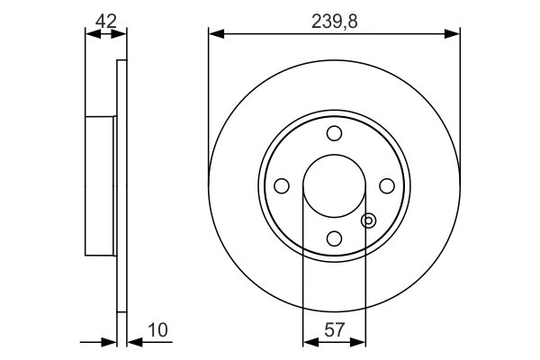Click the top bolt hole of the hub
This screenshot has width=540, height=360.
click(x=334, y=133)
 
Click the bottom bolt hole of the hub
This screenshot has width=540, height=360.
click(x=334, y=238)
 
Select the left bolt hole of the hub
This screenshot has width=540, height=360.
click(x=282, y=185)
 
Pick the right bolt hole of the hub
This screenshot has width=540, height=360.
click(x=387, y=185)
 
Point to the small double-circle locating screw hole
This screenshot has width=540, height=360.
click(x=367, y=220)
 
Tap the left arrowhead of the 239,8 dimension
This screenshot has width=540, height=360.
click(x=214, y=34)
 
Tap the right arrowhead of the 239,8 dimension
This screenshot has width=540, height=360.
click(x=454, y=34)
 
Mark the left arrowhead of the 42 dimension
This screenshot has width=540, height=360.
click(x=90, y=34)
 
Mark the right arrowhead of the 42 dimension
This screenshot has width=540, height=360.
click(x=121, y=34)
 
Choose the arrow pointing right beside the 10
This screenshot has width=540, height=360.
click(x=110, y=342)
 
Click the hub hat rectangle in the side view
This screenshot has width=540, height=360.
click(x=101, y=185)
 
